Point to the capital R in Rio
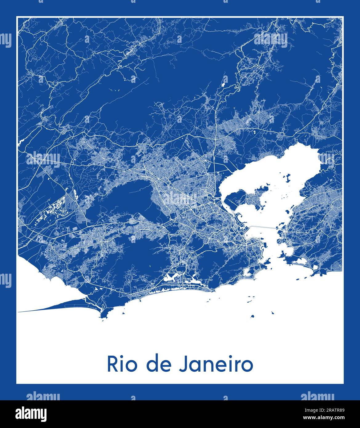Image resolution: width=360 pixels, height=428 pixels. (x=112, y=364)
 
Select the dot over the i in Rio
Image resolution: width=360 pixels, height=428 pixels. (x=122, y=357)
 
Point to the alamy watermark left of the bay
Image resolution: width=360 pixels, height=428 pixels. (x=43, y=159)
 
